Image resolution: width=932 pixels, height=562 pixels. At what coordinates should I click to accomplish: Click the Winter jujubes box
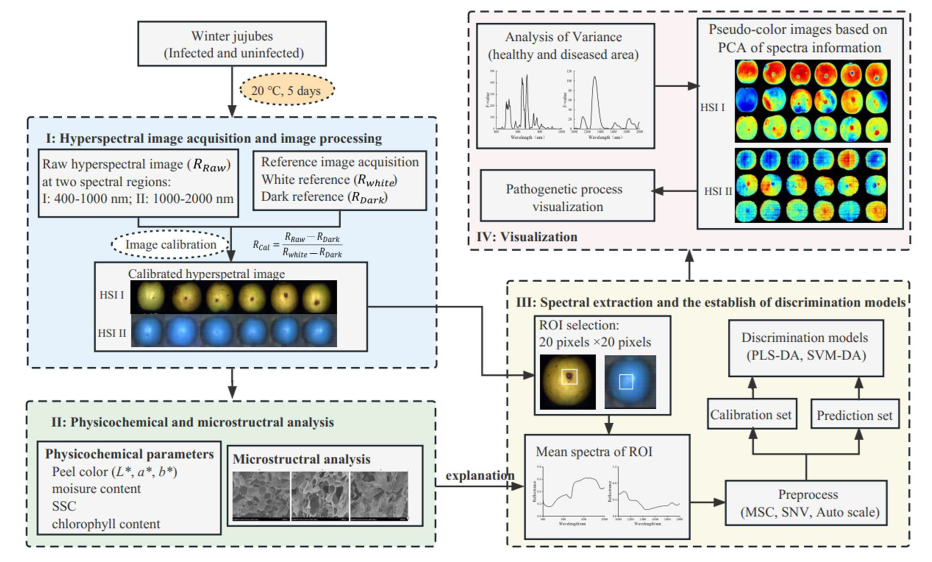coord(232,44)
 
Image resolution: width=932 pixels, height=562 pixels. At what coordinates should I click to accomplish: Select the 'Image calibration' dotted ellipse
coord(171,245)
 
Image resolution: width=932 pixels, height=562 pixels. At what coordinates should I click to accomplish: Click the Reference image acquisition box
coord(339,180)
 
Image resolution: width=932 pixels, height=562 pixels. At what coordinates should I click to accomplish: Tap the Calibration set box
coord(752,414)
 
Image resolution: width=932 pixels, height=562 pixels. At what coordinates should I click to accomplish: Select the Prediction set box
coord(854,415)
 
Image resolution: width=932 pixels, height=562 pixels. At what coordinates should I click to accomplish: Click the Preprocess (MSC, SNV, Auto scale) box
coord(806,503)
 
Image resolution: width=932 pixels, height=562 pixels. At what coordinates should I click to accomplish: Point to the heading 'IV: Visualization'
coord(527,237)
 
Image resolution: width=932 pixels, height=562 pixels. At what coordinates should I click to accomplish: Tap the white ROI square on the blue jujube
coord(626,381)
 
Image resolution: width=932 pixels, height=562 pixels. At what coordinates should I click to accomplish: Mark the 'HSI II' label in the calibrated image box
coord(112,333)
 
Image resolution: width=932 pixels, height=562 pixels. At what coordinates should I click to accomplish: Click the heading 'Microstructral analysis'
coord(302,459)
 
